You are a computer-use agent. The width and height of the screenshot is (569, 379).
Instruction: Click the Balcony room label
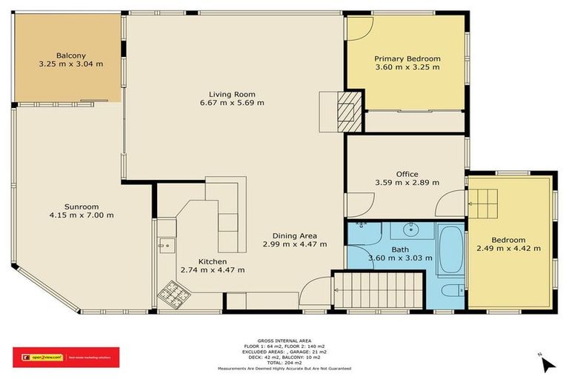point(71,55)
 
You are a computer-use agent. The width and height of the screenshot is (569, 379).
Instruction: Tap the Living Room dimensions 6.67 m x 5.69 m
point(231,103)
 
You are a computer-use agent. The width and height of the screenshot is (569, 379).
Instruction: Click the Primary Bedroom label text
point(407,58)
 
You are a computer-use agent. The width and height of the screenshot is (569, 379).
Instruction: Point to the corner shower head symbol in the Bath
point(362,224)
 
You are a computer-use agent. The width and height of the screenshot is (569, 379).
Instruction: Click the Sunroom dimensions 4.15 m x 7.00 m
point(77,215)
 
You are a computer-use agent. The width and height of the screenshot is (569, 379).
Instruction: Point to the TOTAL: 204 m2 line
point(284,362)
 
